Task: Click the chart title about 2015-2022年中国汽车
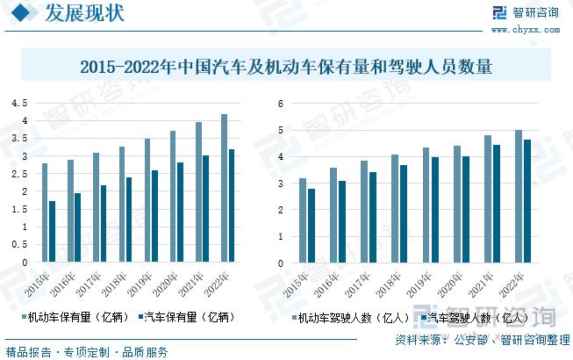[286, 67]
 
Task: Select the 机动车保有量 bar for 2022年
[224, 188]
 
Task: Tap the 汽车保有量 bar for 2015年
[52, 232]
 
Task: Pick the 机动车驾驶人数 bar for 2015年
[303, 220]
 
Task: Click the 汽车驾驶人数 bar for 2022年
[527, 201]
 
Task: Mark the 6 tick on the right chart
[280, 103]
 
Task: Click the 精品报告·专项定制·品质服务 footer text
[86, 352]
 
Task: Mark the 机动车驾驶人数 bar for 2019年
[426, 205]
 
